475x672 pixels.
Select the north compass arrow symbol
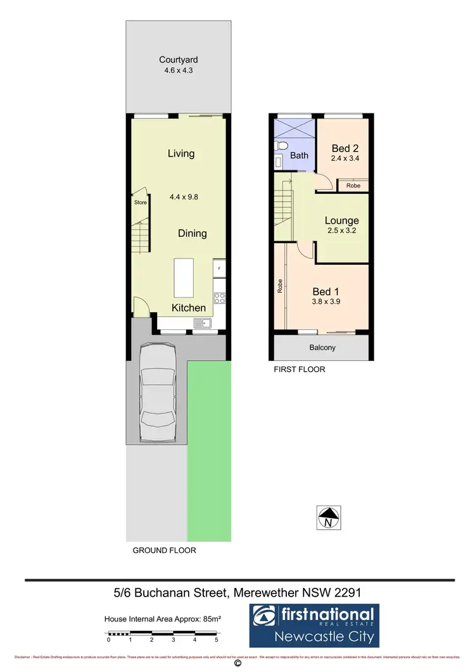328,518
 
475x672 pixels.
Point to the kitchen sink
203,324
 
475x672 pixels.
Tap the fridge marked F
219,269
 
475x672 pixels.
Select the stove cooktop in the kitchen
219,297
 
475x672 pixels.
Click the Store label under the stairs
139,203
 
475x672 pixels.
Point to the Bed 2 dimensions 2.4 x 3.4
345,158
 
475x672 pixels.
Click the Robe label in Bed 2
353,186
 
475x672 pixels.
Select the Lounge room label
342,220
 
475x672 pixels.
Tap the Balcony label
322,348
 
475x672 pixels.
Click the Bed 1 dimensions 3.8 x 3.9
327,301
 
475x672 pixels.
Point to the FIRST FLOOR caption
299,369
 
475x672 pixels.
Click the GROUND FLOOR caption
164,550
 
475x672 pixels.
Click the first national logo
313,624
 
